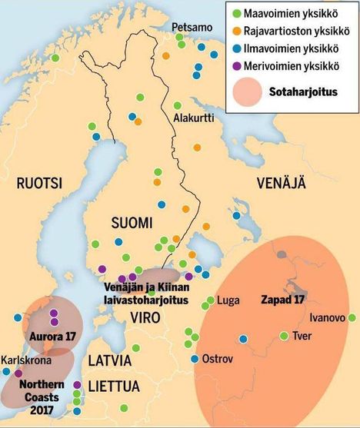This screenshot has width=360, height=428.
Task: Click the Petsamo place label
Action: [192, 27]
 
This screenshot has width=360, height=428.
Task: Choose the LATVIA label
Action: [109, 360]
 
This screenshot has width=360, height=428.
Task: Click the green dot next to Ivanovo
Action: [352, 317]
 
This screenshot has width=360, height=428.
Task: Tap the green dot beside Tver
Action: [284, 336]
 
